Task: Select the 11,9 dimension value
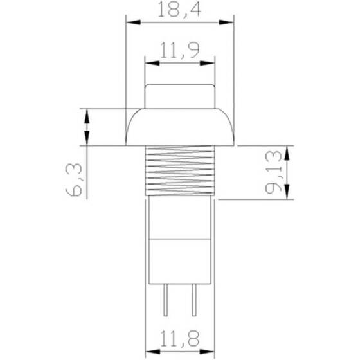coord(179,51)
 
